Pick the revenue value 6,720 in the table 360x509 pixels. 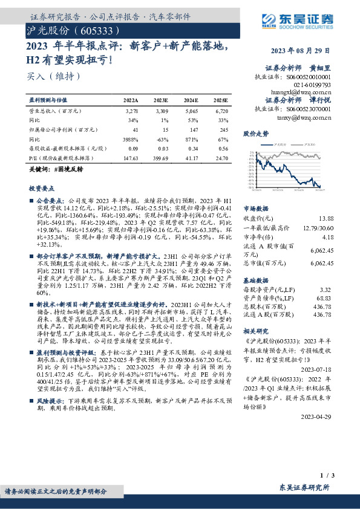pyautogui.click(x=221, y=112)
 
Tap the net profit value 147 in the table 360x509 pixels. pyautogui.click(x=194, y=129)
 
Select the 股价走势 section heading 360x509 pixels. pyautogui.click(x=255, y=133)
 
